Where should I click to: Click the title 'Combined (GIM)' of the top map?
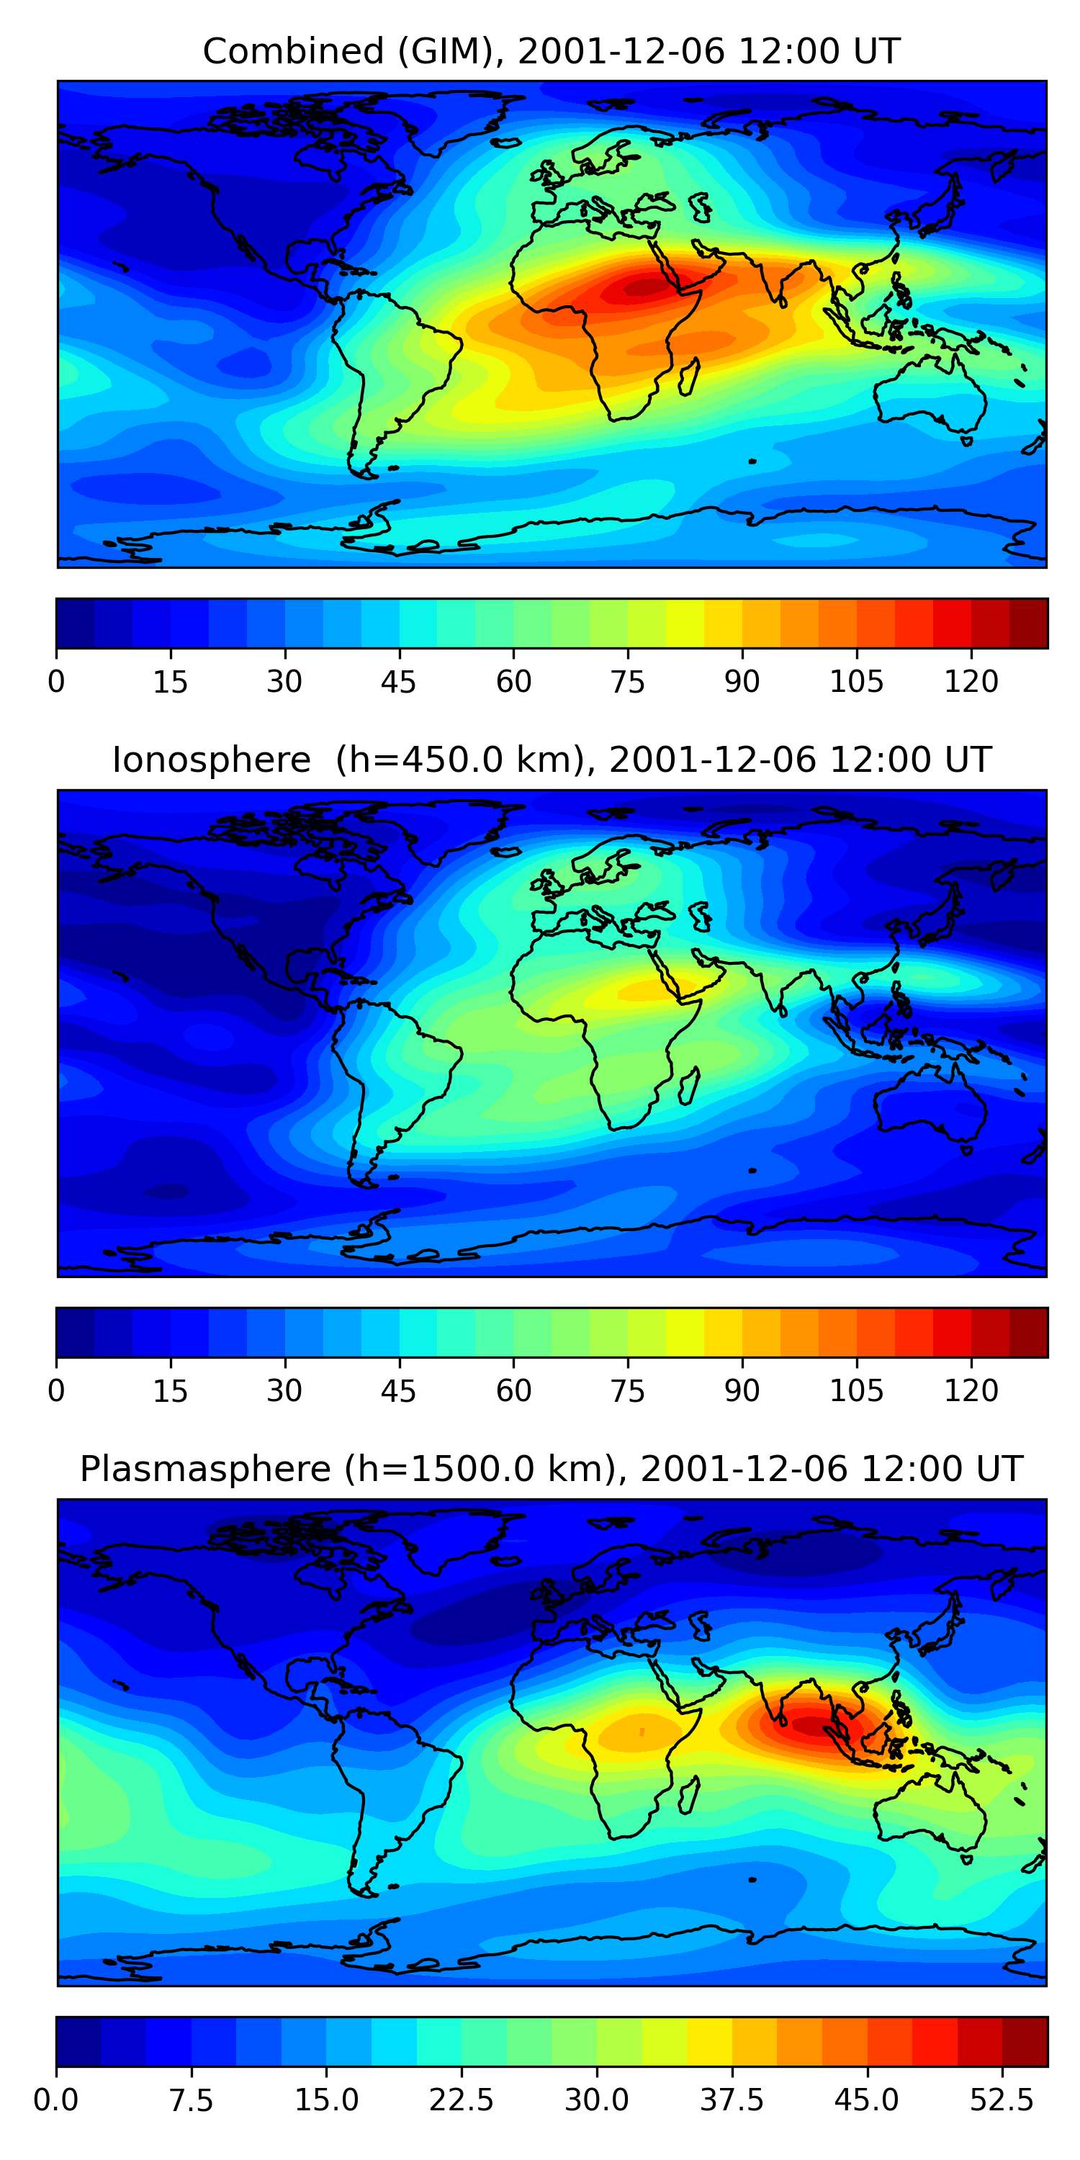click(347, 52)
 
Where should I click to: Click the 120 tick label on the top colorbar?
click(971, 682)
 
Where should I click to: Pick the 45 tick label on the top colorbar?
click(398, 682)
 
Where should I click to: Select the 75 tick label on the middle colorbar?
click(627, 1391)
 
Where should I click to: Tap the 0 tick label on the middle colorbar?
click(56, 1391)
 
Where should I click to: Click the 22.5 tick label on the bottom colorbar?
click(462, 2100)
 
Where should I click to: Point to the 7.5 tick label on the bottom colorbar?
click(192, 2100)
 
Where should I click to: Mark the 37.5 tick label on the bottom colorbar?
click(732, 2100)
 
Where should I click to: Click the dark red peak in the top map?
click(644, 287)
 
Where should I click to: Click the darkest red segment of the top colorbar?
click(1028, 623)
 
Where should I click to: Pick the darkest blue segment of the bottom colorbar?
click(78, 2042)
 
